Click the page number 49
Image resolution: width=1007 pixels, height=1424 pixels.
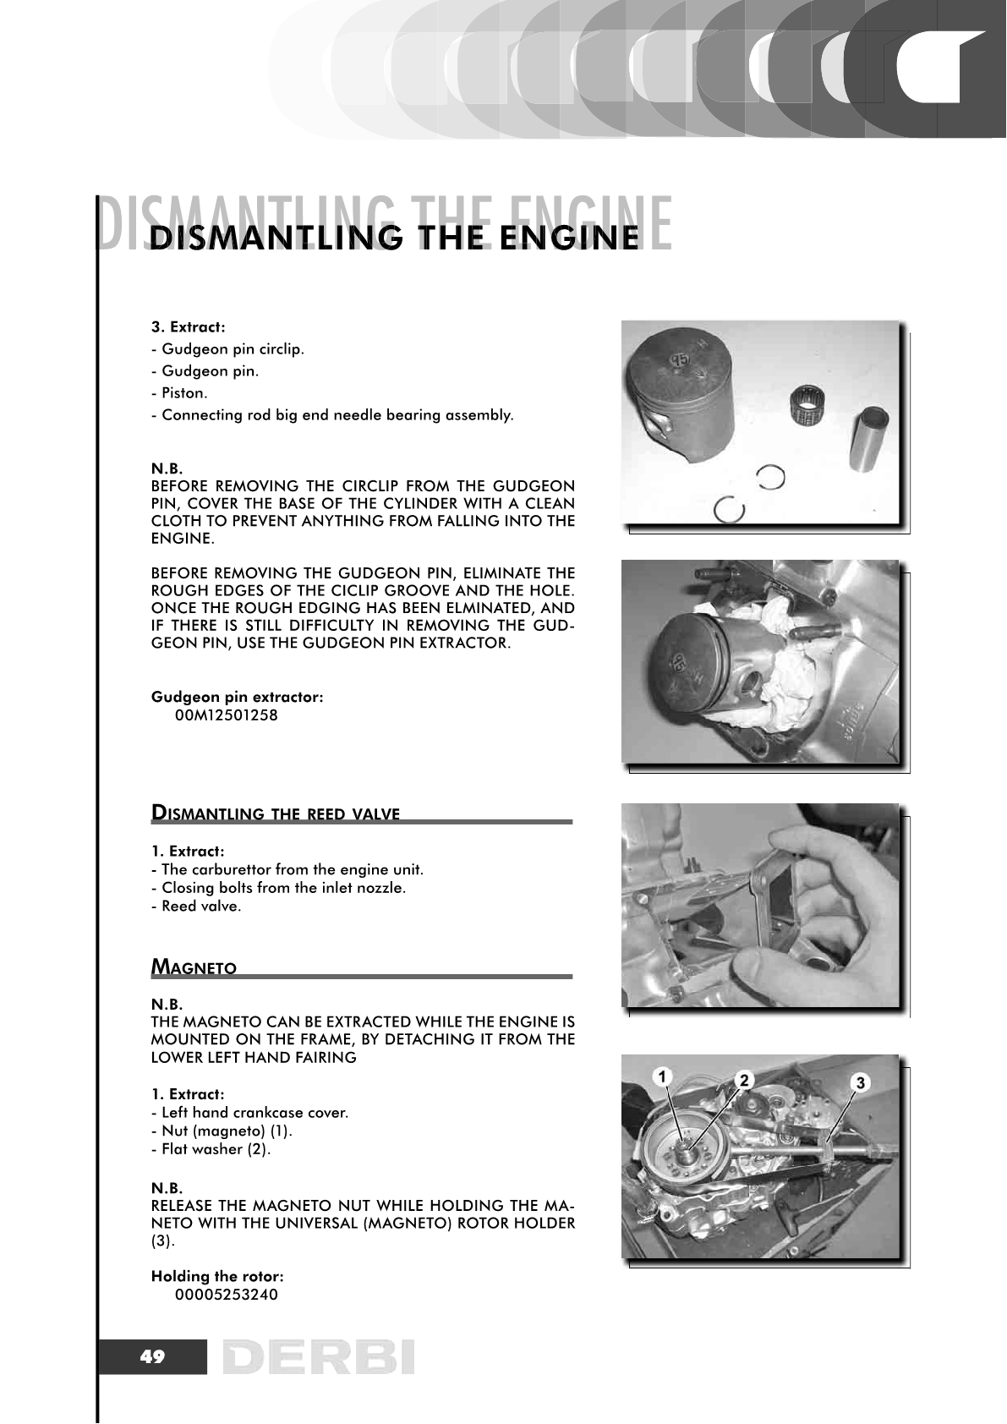pos(153,1357)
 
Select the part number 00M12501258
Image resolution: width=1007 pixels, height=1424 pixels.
pos(226,715)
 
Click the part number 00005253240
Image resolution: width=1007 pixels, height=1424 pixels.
pos(226,1295)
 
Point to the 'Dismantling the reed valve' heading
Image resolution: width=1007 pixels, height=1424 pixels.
pos(275,813)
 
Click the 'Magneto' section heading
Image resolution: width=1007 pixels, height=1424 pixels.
pos(194,967)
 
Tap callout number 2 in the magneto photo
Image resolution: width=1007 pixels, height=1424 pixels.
pos(743,1080)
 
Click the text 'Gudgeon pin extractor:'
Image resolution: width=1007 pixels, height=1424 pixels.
pos(237,697)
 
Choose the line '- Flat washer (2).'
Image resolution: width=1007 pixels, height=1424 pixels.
pos(211,1149)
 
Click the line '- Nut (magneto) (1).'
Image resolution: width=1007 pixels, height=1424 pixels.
pos(221,1131)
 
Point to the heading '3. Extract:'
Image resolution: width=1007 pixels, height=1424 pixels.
pos(188,326)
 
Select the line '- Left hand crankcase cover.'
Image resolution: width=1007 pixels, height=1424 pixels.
pos(249,1112)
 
